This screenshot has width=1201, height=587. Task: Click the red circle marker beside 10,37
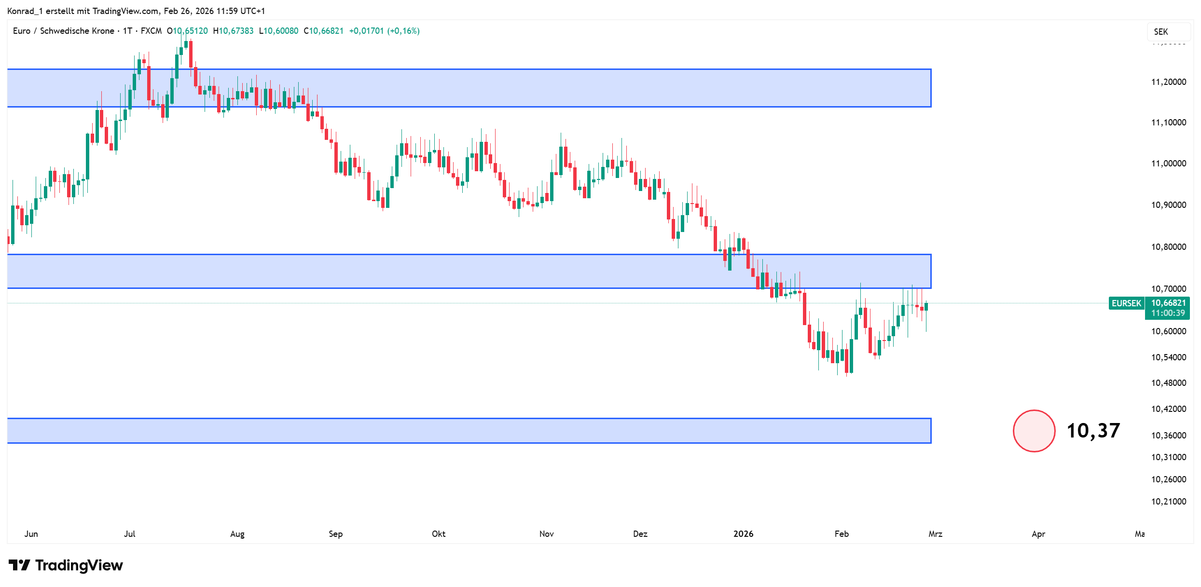tap(1034, 431)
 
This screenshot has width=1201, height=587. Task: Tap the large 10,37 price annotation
tap(1093, 431)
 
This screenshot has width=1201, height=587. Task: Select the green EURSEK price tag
tap(1126, 303)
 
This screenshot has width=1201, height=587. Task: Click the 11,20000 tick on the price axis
tap(1168, 82)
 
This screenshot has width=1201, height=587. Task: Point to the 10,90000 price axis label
tap(1168, 205)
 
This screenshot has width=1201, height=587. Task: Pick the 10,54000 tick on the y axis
tap(1168, 357)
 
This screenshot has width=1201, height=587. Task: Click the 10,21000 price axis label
tap(1168, 502)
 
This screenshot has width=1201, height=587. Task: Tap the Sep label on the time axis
tap(335, 534)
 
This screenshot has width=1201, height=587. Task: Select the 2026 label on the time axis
tap(743, 534)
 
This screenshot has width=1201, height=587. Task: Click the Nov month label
tap(546, 534)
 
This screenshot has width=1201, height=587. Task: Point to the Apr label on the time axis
tap(1038, 534)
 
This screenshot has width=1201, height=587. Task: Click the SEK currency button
tap(1161, 32)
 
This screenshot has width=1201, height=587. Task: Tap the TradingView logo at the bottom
tap(66, 565)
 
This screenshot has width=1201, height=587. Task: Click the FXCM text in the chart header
tap(151, 31)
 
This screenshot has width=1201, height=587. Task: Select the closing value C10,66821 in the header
tap(323, 31)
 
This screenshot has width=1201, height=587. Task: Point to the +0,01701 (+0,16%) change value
tap(384, 31)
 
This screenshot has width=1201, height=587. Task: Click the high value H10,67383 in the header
tap(233, 31)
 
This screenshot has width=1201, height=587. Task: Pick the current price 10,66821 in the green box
tap(1168, 303)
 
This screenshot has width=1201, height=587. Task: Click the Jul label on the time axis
tap(129, 534)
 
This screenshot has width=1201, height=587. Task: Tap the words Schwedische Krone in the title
tap(77, 31)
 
